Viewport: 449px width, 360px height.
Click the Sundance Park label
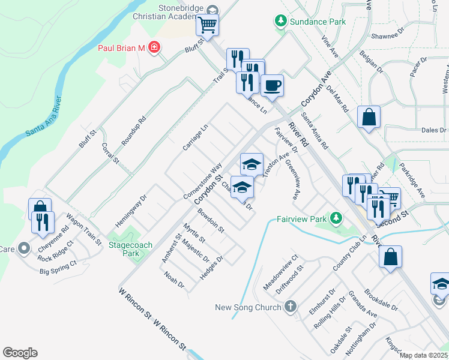(318, 22)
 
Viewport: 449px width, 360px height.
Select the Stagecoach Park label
(130, 249)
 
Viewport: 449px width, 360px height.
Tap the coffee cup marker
(272, 86)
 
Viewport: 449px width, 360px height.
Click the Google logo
(20, 353)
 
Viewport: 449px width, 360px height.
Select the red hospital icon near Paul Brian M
(154, 47)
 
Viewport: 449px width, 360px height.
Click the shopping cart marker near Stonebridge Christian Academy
(208, 25)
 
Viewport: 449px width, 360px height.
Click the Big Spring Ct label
(58, 268)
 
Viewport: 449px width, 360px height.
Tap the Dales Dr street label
(433, 130)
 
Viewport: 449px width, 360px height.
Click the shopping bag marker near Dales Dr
(368, 117)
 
